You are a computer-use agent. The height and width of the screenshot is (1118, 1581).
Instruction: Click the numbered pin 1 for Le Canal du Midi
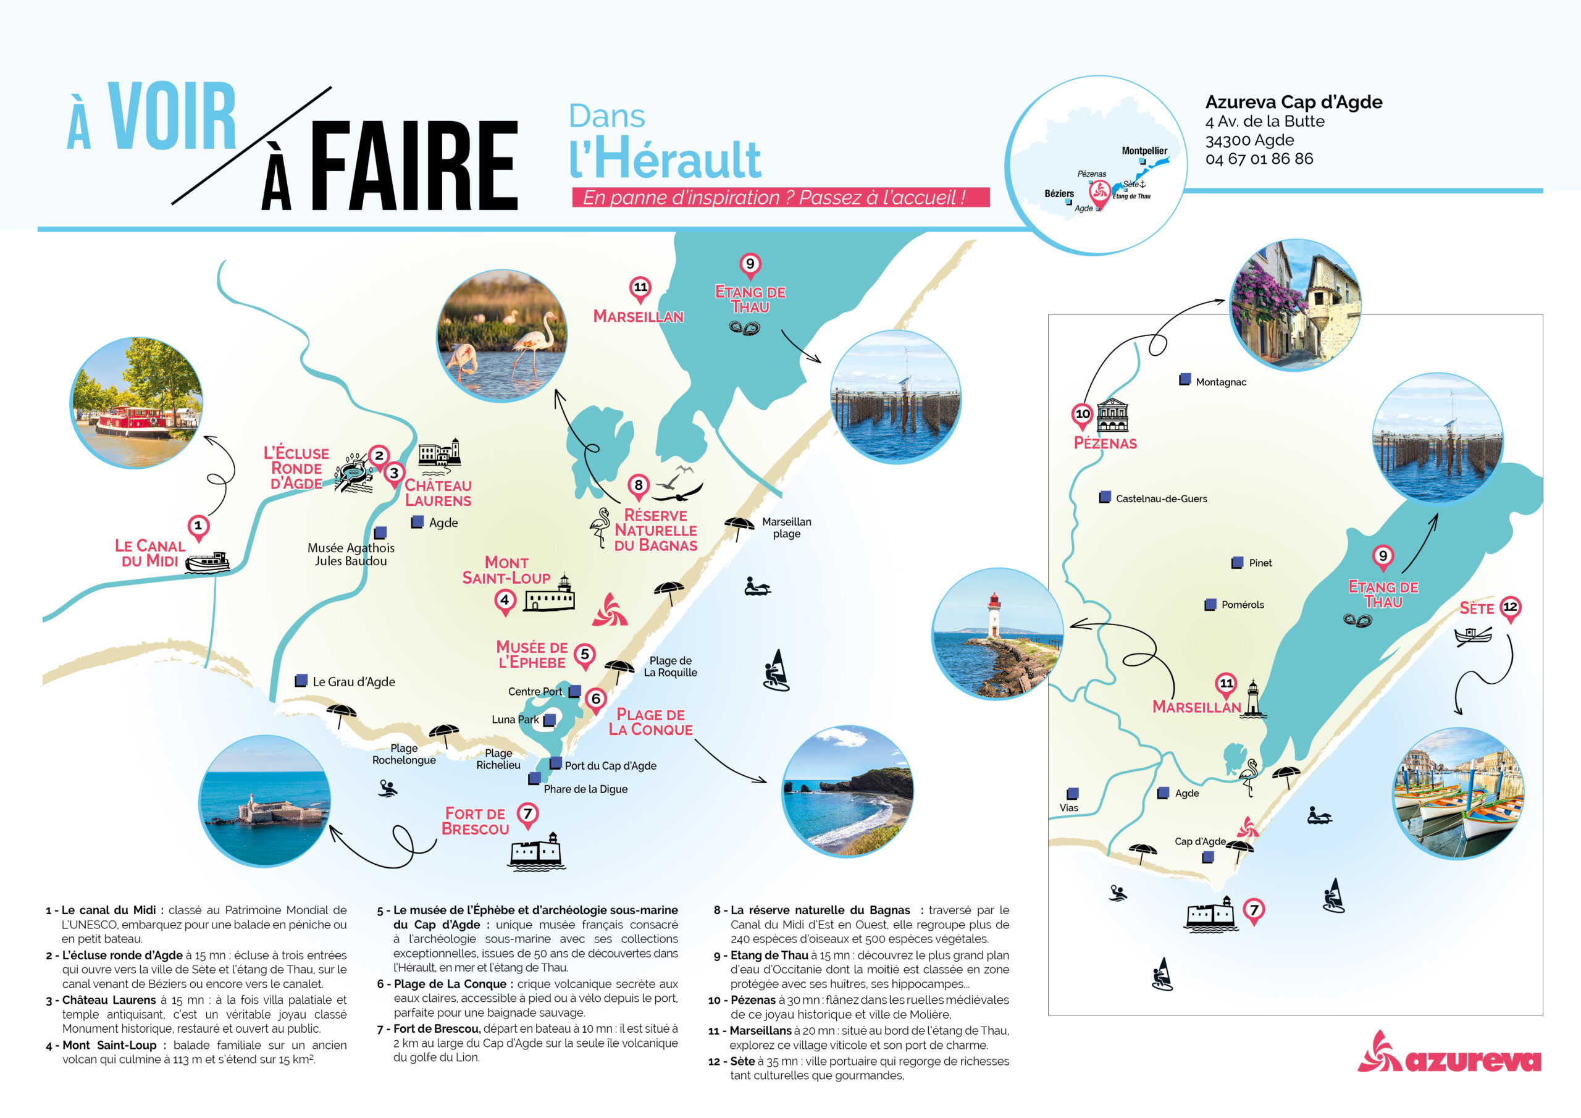coord(198,526)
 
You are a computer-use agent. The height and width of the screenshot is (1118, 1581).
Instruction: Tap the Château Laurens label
coord(438,493)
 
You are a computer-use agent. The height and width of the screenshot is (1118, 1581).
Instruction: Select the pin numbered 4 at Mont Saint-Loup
coord(505,600)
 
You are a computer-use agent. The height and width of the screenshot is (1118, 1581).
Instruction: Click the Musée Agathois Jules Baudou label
coord(351,555)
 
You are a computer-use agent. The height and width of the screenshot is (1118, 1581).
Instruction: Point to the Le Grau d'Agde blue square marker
coord(301,681)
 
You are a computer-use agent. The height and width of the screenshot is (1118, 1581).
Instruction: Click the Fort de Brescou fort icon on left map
coord(535,853)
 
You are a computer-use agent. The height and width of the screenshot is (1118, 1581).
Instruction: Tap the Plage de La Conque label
coord(650,722)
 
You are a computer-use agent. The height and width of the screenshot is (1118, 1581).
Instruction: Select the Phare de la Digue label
coord(585,789)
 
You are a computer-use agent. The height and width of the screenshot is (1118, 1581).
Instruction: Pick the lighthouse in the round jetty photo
coord(994,615)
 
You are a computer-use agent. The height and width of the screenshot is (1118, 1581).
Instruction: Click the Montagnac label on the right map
coord(1220,382)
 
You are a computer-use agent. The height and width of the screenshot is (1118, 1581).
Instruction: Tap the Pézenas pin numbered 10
coord(1083,414)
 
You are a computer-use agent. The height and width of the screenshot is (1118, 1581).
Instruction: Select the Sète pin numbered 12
coord(1510,607)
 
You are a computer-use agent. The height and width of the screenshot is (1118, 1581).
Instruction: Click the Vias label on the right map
coord(1068,808)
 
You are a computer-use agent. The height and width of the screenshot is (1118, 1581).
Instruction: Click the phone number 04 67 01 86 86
coord(1259,159)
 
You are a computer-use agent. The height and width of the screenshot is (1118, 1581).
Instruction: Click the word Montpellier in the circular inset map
coord(1144,151)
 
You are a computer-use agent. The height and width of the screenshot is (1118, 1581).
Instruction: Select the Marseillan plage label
coord(786,527)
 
